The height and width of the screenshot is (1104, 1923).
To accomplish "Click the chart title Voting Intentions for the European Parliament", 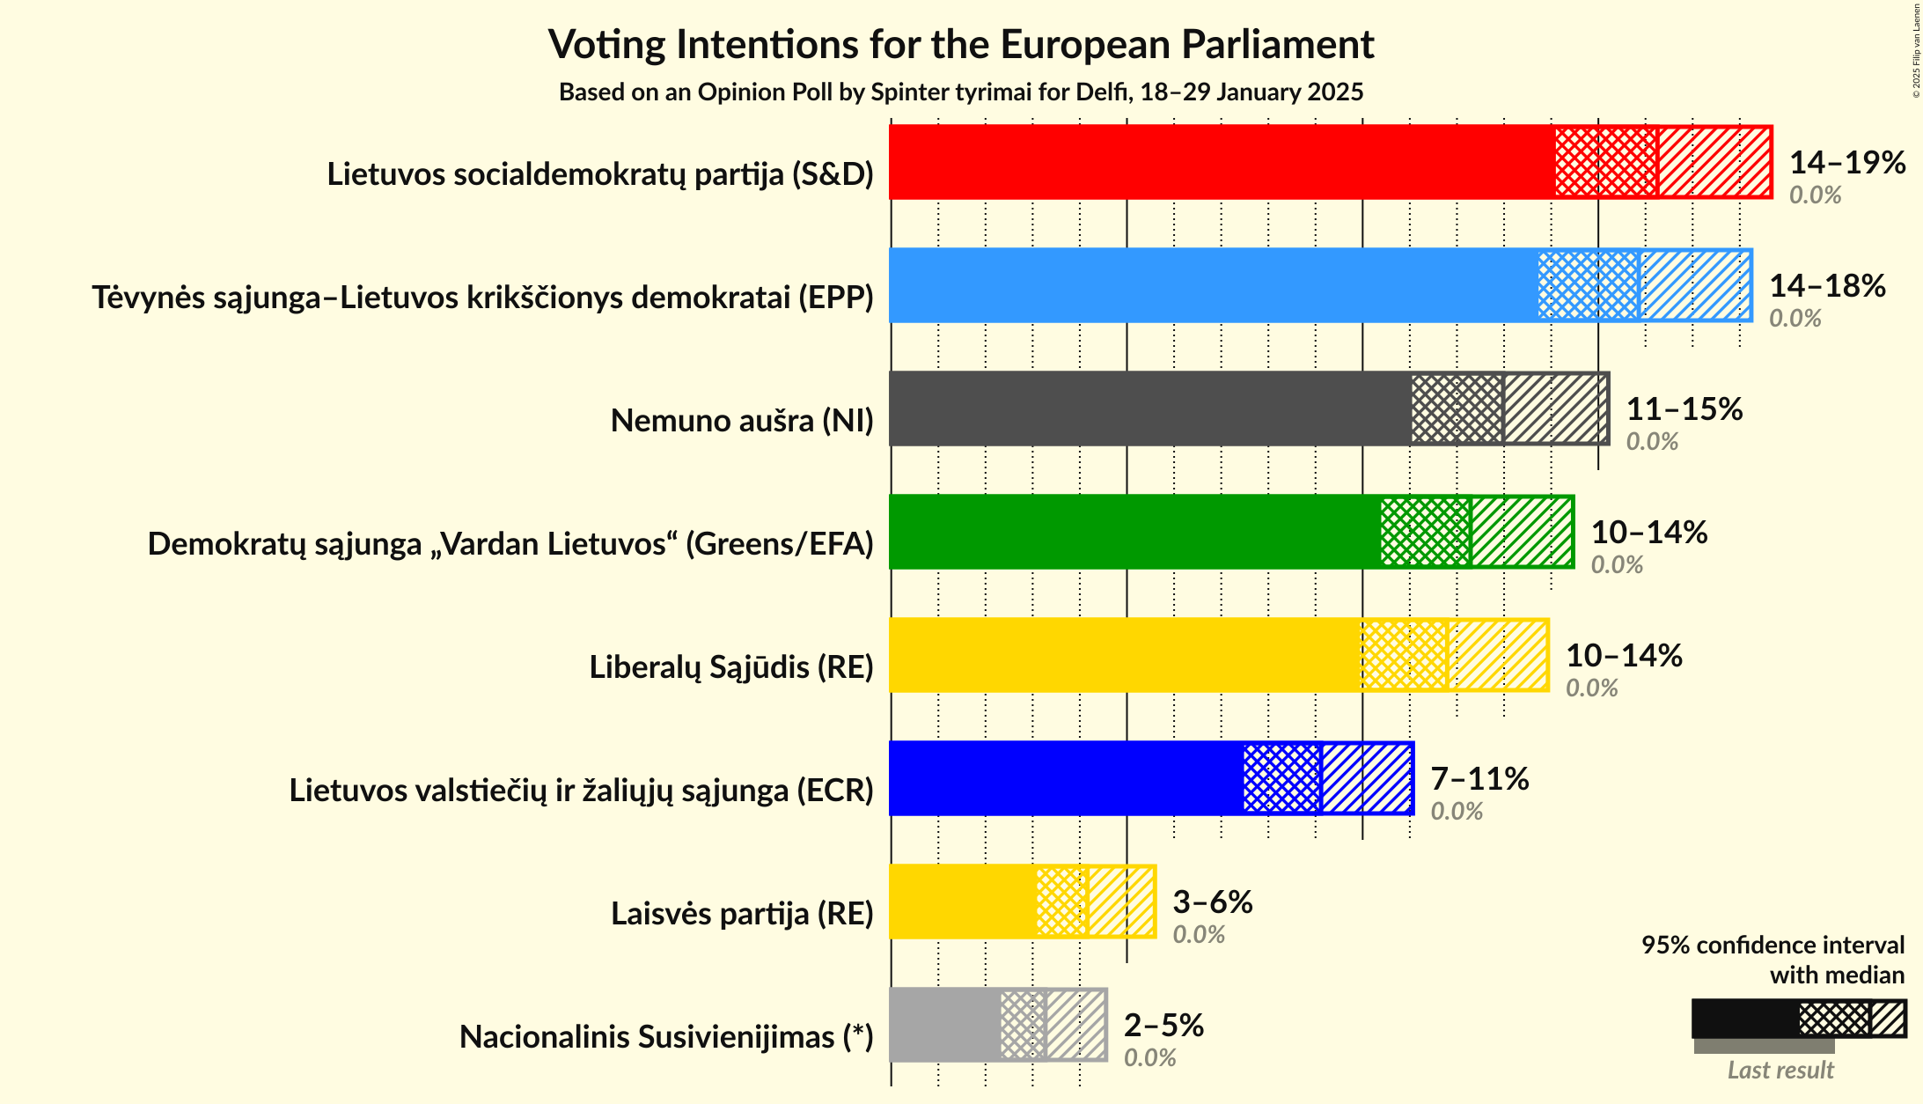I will [x=961, y=44].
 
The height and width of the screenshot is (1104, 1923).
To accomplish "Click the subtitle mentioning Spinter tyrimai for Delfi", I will [x=961, y=92].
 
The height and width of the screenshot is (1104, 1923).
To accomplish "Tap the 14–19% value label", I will [x=1846, y=162].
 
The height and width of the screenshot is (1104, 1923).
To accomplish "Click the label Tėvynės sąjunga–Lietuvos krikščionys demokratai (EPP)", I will [x=482, y=298].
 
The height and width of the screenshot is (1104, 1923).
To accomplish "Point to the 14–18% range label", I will [x=1827, y=285].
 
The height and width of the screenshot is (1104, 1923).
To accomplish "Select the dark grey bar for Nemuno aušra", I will [x=1149, y=408].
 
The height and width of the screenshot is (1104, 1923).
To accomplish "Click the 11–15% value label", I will [x=1684, y=408].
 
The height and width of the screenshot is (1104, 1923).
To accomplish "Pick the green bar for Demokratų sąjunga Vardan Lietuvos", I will [x=1134, y=532].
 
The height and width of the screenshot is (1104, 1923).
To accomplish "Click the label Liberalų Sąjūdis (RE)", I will [x=730, y=667].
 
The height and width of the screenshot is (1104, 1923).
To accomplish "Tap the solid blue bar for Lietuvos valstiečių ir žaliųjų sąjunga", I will [x=1066, y=778].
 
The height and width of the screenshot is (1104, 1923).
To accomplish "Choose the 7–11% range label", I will [x=1479, y=778].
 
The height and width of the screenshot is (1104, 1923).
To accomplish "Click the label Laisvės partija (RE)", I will [x=741, y=914].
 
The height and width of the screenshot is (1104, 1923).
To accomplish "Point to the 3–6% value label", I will [x=1212, y=902].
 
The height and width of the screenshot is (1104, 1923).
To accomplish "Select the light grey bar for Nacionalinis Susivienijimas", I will [x=944, y=1025].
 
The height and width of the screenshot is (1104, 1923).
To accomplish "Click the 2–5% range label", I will [x=1163, y=1025].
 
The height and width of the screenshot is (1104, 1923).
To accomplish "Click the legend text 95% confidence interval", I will [x=1772, y=945].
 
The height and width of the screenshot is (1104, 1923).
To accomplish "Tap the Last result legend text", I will [x=1780, y=1070].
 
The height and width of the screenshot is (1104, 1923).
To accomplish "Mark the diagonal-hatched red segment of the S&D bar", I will [x=1714, y=162].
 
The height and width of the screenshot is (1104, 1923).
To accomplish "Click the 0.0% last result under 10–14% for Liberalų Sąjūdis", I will [x=1591, y=688].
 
